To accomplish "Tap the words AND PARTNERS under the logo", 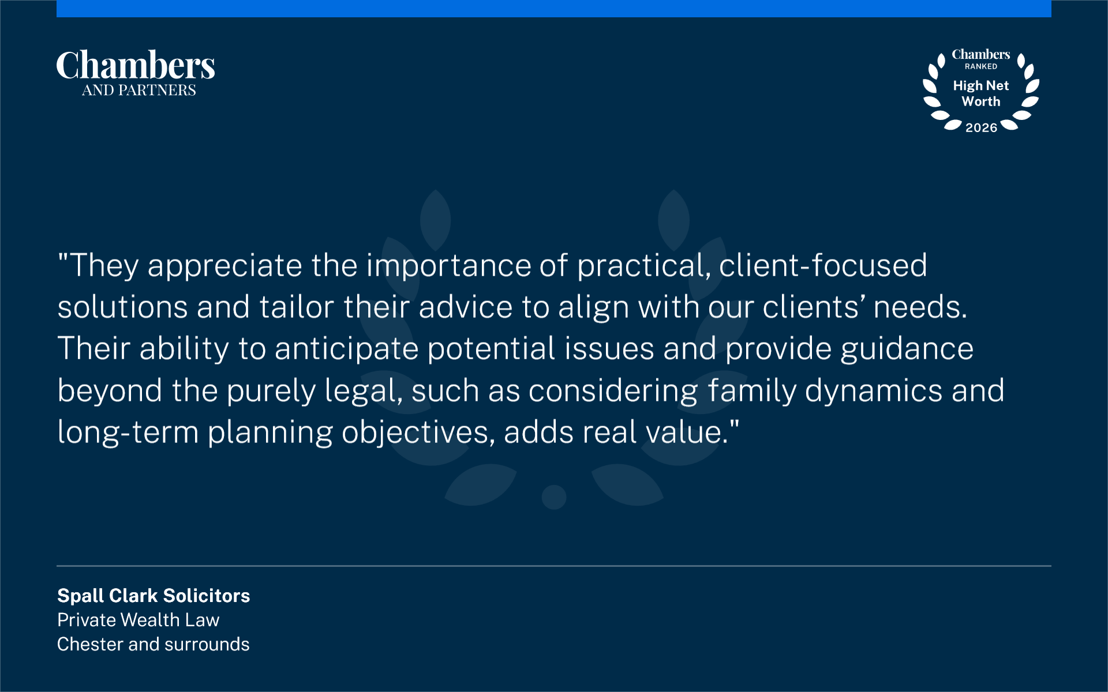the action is tap(139, 90).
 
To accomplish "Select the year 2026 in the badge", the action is tap(981, 127).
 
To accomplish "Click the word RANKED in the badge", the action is tap(981, 66).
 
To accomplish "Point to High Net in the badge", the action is tap(981, 85).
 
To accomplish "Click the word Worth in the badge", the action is tap(981, 101).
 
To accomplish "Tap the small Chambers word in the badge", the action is tap(981, 54).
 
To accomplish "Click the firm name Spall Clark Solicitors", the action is tap(154, 596).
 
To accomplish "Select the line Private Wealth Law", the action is tap(138, 620).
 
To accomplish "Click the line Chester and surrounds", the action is tap(154, 644).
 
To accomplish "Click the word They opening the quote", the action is tap(104, 266).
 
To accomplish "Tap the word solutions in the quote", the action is tap(122, 307).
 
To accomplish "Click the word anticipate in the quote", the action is tap(346, 349).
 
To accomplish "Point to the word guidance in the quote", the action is tap(907, 349).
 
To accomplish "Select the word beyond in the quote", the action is tap(110, 391).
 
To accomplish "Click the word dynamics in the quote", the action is tap(874, 391).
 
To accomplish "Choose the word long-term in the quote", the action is tap(128, 433).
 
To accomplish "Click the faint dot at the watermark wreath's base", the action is tap(554, 497).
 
